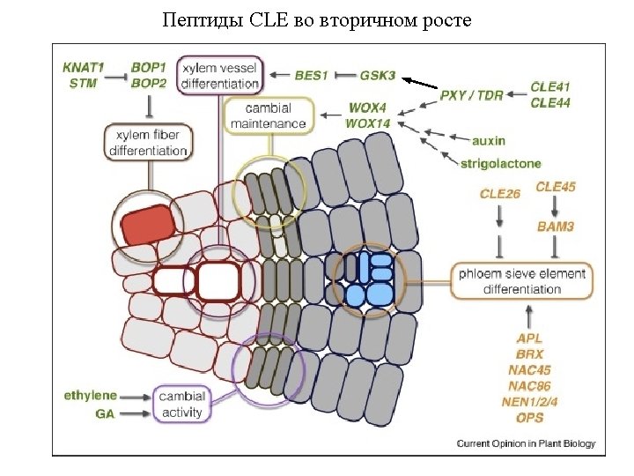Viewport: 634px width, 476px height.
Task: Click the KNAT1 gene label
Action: pyautogui.click(x=84, y=67)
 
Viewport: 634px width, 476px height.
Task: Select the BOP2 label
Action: pyautogui.click(x=149, y=83)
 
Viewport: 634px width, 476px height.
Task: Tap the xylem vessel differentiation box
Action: pyautogui.click(x=220, y=75)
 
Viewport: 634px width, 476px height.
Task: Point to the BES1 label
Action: pyautogui.click(x=311, y=76)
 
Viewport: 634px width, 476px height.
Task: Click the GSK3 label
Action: pyautogui.click(x=378, y=76)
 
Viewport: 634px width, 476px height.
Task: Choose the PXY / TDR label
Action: pyautogui.click(x=471, y=95)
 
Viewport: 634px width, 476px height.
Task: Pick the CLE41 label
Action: pyautogui.click(x=550, y=87)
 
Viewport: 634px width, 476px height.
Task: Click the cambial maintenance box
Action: pyautogui.click(x=269, y=115)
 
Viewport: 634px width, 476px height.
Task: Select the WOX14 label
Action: pyautogui.click(x=367, y=123)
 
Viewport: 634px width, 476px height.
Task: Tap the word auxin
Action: pyautogui.click(x=489, y=140)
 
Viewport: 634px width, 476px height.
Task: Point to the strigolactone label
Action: pyautogui.click(x=500, y=163)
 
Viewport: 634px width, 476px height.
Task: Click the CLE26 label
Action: pyautogui.click(x=499, y=193)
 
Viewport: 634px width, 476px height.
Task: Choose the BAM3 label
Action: pyautogui.click(x=556, y=227)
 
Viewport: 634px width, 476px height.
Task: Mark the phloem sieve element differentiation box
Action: pyautogui.click(x=521, y=281)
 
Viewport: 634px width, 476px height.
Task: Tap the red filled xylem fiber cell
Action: pyautogui.click(x=148, y=224)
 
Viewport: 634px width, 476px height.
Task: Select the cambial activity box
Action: pyautogui.click(x=181, y=404)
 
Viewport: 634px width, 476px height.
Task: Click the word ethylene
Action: pyautogui.click(x=90, y=396)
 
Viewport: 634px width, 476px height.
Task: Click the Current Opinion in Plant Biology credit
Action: pyautogui.click(x=526, y=443)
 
